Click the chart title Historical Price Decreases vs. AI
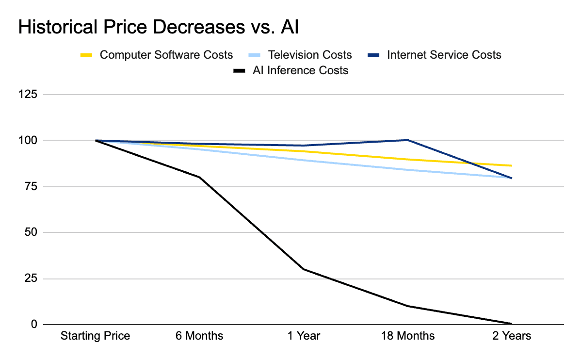pos(158,28)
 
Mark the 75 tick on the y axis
pos(30,187)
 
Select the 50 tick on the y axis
pos(30,232)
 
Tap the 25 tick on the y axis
pos(30,278)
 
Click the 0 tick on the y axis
pos(33,324)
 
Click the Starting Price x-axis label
pos(96,336)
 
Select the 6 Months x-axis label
pos(199,336)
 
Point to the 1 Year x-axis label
pos(304,336)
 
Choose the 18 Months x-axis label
pos(407,336)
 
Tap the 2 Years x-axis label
pos(511,336)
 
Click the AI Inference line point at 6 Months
pos(199,177)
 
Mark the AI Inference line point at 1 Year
pos(304,269)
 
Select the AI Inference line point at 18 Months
pos(407,306)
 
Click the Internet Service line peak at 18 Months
pos(407,140)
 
